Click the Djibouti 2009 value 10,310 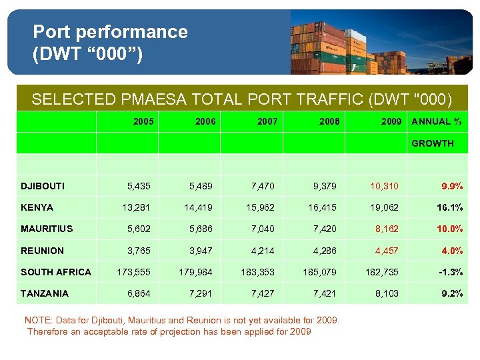385,186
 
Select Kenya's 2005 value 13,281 136,207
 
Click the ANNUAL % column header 437,121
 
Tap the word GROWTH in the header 433,143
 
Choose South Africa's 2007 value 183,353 257,272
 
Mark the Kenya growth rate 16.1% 449,207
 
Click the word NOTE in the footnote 37,320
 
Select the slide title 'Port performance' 110,31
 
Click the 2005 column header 143,121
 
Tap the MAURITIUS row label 47,229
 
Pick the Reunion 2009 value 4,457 387,251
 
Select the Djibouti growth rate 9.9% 452,186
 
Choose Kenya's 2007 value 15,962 260,207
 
